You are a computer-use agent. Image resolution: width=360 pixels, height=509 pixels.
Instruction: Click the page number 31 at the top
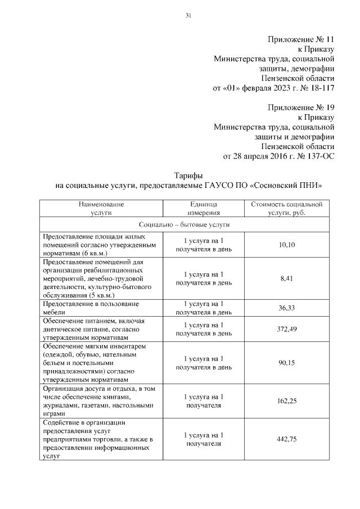(189, 15)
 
